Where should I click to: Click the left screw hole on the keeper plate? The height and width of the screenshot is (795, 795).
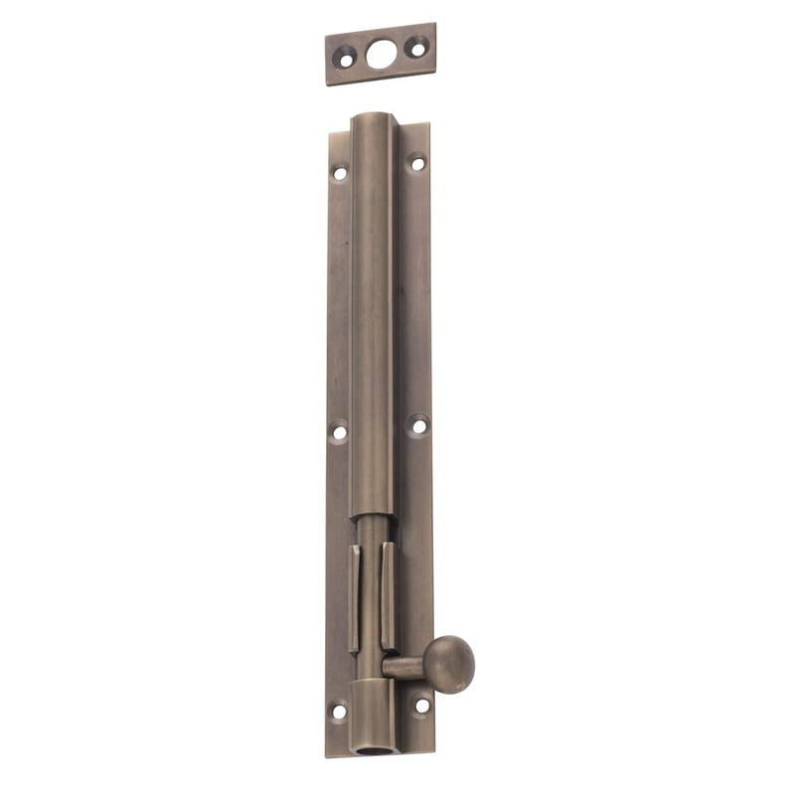[x=345, y=59]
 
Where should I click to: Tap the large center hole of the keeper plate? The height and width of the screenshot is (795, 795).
[x=380, y=53]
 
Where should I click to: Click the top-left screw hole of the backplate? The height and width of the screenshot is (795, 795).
[x=340, y=172]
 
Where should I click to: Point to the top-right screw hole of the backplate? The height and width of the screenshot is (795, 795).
[x=417, y=163]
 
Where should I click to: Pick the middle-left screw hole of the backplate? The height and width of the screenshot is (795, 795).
[x=339, y=432]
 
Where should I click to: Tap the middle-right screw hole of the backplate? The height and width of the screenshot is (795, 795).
[x=418, y=425]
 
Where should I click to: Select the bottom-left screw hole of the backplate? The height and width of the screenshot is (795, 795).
[x=339, y=711]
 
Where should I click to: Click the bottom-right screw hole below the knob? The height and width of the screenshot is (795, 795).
[x=421, y=706]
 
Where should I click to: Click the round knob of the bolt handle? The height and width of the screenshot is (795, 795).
[x=449, y=663]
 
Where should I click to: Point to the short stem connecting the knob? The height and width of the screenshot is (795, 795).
[x=404, y=667]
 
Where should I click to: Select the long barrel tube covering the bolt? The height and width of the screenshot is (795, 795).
[x=374, y=318]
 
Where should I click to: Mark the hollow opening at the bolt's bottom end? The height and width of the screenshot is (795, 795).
[x=375, y=743]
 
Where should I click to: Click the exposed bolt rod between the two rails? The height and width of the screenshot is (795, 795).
[x=372, y=586]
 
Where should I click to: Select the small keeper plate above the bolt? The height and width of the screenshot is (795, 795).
[x=381, y=53]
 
